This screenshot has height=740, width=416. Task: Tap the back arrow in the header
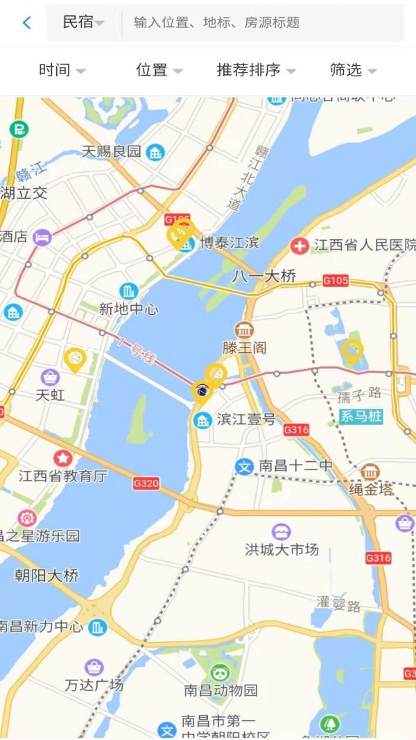[26, 22]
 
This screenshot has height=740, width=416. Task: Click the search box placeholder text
[216, 22]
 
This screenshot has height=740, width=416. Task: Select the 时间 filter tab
[62, 70]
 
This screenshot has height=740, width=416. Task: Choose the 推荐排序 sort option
[255, 70]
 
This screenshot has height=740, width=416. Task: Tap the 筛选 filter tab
[353, 70]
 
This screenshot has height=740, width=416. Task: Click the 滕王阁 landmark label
[244, 347]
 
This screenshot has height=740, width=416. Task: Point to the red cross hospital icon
[300, 246]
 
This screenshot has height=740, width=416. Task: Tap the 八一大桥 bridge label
[264, 276]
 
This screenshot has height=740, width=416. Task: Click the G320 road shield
[146, 483]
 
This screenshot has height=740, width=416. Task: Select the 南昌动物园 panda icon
[220, 671]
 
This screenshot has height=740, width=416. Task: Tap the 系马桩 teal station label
[361, 417]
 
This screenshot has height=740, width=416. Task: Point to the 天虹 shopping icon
[50, 377]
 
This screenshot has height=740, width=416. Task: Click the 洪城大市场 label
[281, 549]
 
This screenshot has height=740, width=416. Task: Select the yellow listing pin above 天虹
[74, 359]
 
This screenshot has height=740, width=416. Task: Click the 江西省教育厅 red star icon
[63, 458]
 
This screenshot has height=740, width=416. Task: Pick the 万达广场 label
[94, 685]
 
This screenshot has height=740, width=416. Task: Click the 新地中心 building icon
[128, 291]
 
